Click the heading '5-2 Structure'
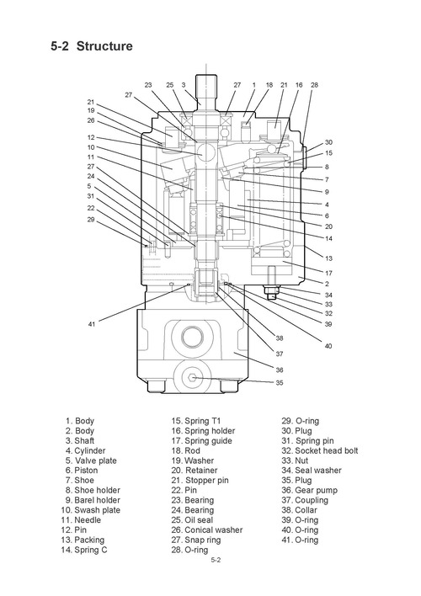(91, 46)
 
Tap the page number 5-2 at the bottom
(216, 561)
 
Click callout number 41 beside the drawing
(91, 323)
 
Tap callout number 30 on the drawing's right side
(328, 142)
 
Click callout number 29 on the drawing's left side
(91, 219)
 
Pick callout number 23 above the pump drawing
(148, 85)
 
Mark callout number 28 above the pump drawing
(314, 85)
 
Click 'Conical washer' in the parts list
(213, 530)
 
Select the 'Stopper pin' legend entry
(206, 481)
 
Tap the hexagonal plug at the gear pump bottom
(194, 380)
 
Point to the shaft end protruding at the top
(206, 87)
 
